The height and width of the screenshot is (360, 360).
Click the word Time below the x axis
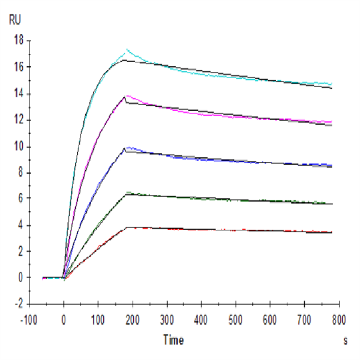(x=173, y=340)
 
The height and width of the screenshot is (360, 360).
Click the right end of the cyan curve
(x=331, y=84)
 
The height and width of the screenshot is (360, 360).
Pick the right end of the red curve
(x=331, y=232)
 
